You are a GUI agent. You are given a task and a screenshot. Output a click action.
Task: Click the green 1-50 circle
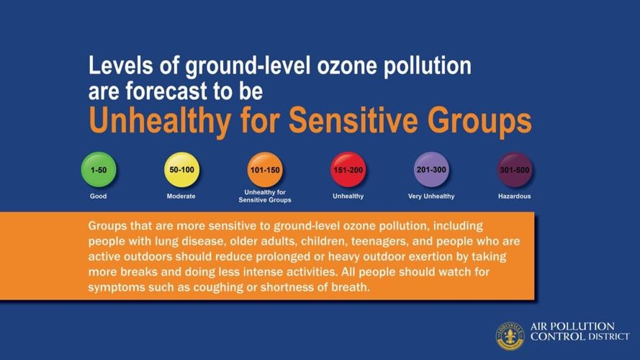click(x=99, y=169)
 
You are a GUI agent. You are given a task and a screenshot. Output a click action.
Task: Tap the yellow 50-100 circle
click(x=181, y=169)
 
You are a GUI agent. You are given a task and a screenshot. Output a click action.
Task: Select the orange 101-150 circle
click(x=265, y=169)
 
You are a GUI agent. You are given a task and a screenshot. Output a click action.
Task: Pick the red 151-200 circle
click(x=348, y=169)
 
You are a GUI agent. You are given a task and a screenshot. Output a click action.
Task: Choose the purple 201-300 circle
click(x=431, y=169)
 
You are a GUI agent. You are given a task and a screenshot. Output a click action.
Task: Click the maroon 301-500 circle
click(x=515, y=169)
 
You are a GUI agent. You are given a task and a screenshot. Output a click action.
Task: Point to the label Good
click(x=99, y=197)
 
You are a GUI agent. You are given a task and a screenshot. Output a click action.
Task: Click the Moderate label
click(x=181, y=197)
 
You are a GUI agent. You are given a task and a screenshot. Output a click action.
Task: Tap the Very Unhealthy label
click(x=431, y=197)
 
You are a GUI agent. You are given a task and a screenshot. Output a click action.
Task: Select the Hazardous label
click(x=515, y=197)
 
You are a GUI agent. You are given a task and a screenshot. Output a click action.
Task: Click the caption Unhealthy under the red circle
click(x=348, y=197)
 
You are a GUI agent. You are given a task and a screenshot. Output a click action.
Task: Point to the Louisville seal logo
click(x=510, y=336)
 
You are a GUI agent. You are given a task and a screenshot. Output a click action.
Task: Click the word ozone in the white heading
click(x=347, y=66)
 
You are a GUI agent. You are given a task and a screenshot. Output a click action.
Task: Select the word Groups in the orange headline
click(x=479, y=120)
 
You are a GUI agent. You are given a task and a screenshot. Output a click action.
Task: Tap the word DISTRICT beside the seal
click(x=608, y=337)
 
